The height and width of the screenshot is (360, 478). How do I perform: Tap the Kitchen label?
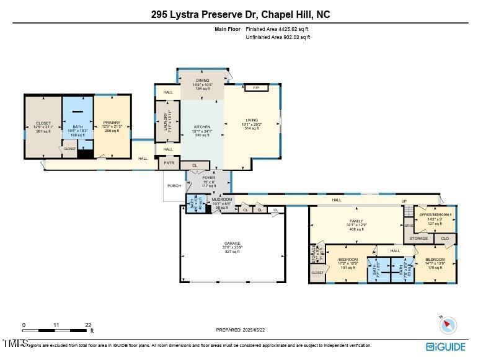[202, 127]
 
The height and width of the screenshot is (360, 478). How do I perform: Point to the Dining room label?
[202, 81]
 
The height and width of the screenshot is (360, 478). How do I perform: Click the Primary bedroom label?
[112, 123]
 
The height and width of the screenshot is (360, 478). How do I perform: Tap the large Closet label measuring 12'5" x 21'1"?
[43, 123]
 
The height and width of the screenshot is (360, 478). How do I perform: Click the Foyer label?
[209, 178]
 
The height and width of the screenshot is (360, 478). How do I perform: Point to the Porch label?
[174, 185]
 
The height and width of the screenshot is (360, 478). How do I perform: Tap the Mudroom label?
[221, 200]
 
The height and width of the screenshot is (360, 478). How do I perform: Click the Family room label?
[356, 221]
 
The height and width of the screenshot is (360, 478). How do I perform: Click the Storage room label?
[419, 238]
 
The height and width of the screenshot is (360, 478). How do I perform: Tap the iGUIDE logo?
[446, 346]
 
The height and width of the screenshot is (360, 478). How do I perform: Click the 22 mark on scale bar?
[88, 325]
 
